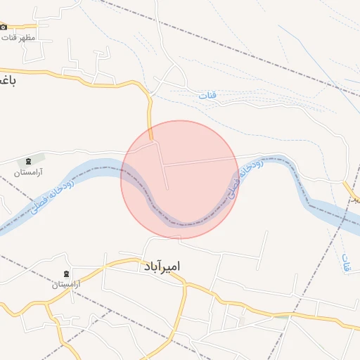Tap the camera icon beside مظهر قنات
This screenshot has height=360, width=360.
tap(3, 27)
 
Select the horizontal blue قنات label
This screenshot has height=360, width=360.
tap(207, 94)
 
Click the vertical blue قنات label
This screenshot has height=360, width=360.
tap(345, 264)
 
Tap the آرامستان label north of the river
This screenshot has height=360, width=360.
tap(30, 172)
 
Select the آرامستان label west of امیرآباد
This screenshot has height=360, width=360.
tap(67, 284)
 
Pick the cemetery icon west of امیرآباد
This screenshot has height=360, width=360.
tap(66, 274)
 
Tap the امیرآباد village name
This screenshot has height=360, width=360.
tap(161, 266)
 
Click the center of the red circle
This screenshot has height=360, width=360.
tap(179, 179)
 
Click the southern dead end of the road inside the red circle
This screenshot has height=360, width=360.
tap(168, 188)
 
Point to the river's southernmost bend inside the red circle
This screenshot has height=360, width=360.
tap(184, 224)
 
